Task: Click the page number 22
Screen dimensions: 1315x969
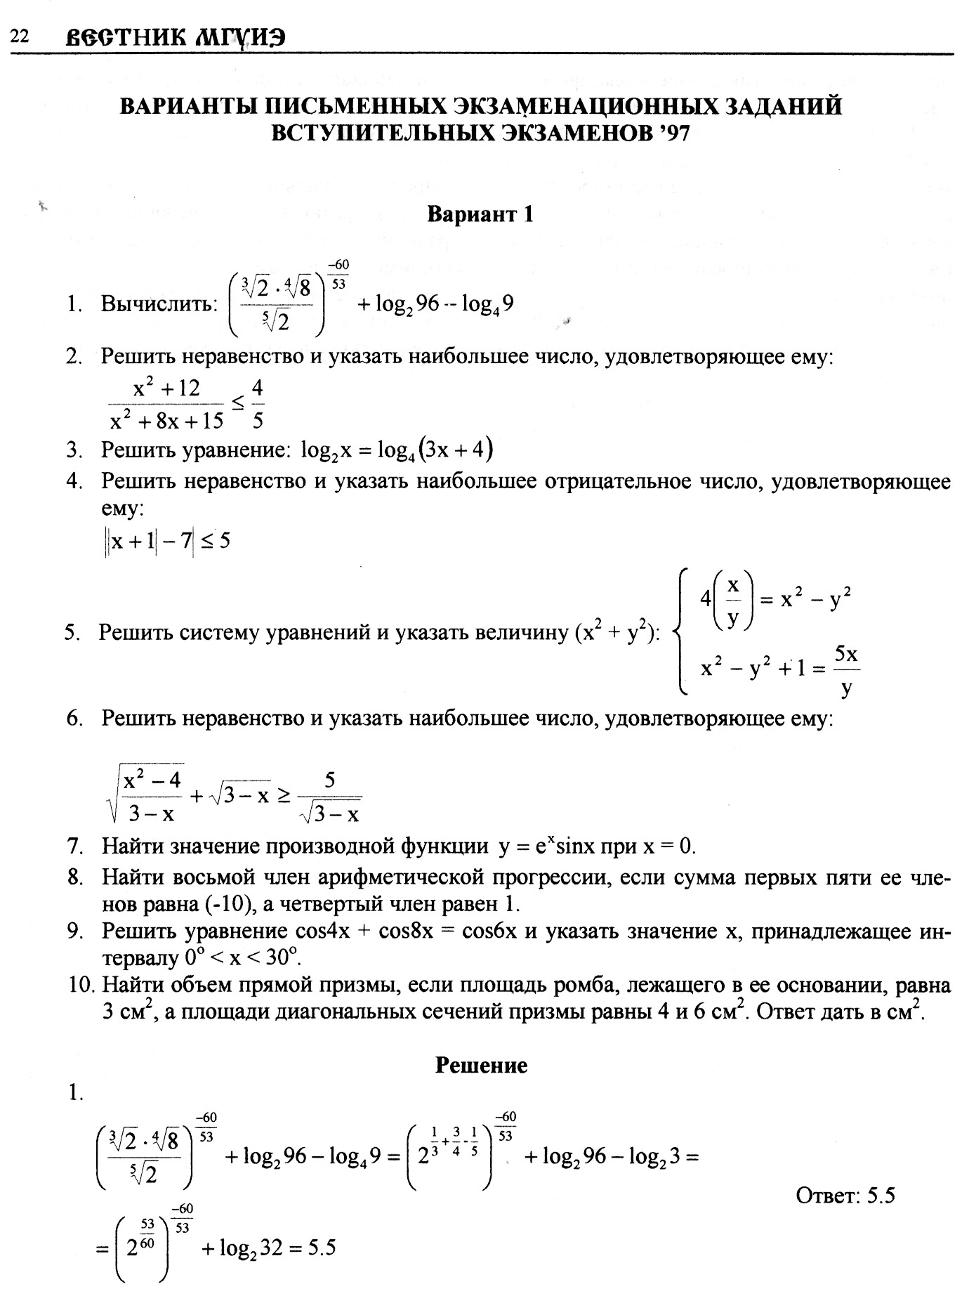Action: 19,37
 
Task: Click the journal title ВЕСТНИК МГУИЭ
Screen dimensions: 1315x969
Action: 175,37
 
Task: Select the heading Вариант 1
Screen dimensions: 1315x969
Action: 480,214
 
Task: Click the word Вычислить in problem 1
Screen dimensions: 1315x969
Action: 157,304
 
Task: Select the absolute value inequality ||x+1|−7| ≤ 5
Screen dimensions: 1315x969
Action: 167,541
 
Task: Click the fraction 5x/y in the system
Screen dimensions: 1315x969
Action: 847,669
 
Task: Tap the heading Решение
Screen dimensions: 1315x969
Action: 481,1066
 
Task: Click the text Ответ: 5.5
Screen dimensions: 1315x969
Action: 845,1195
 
